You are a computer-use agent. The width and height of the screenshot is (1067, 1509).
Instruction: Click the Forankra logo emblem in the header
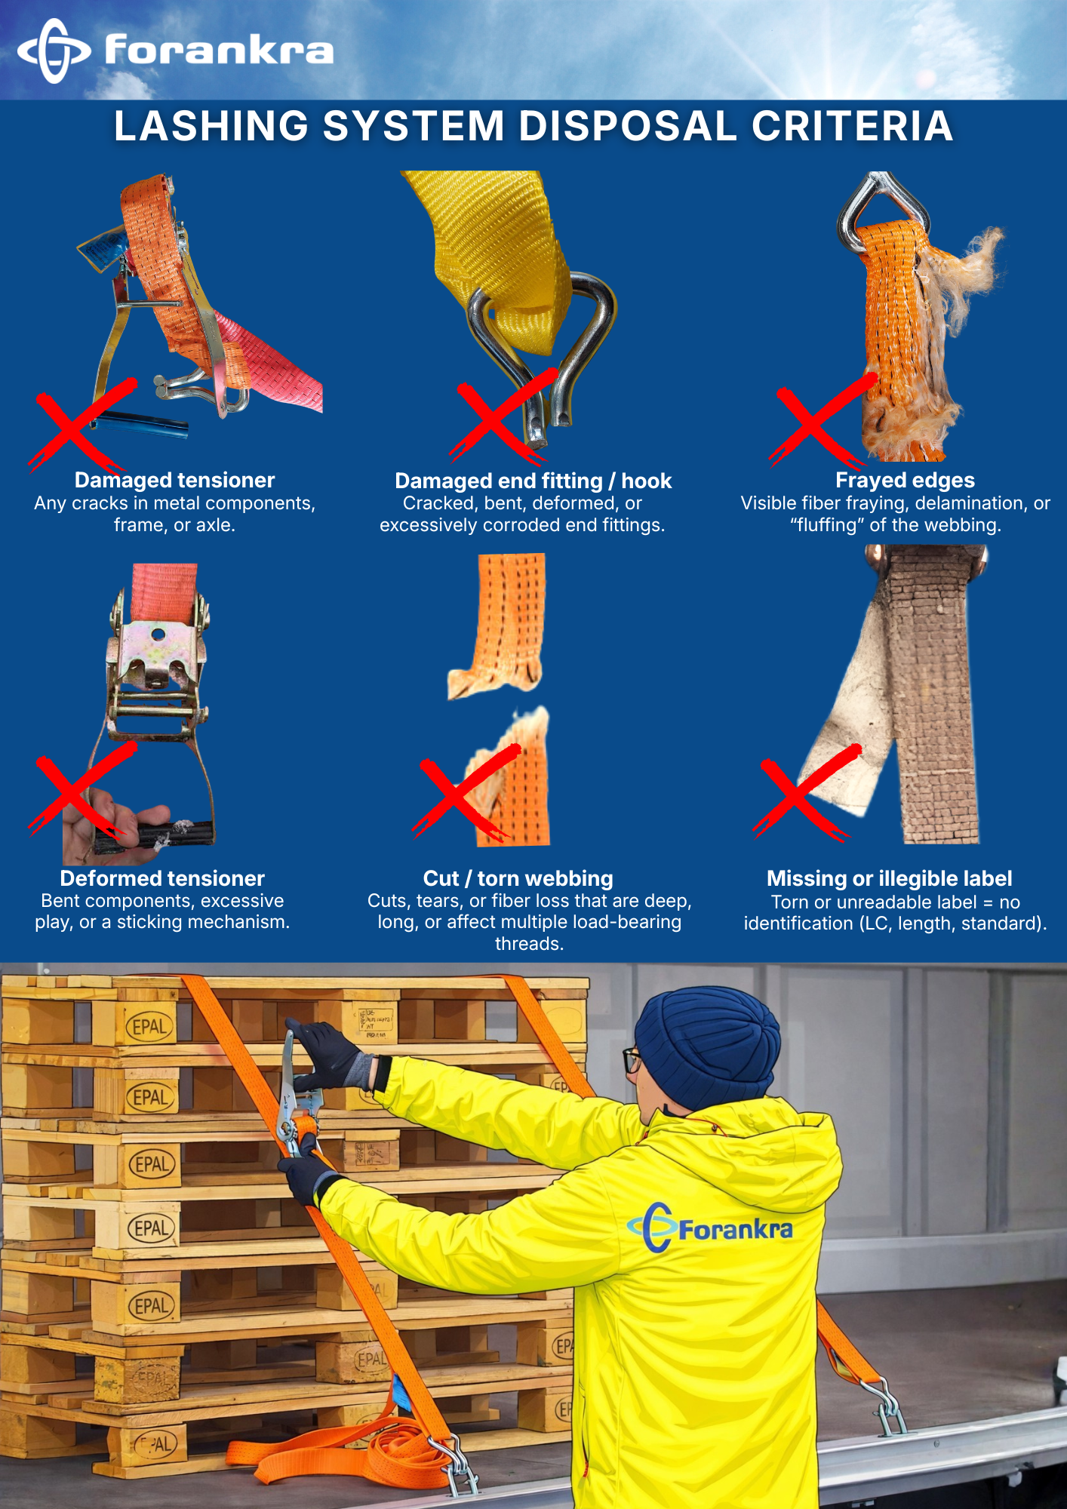[x=54, y=51]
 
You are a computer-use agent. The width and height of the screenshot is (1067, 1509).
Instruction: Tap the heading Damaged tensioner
[x=174, y=481]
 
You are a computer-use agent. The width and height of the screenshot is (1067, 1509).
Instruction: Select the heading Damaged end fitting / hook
[x=533, y=481]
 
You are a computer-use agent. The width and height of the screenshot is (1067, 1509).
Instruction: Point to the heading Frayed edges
[x=905, y=481]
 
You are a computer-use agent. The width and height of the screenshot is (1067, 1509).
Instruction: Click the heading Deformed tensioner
[x=162, y=878]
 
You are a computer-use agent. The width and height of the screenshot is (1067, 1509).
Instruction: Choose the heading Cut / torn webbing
[x=518, y=878]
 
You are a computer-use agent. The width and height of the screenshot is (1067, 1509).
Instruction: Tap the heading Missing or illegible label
[x=890, y=878]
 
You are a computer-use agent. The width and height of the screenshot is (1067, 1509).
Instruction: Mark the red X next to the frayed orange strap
[x=823, y=420]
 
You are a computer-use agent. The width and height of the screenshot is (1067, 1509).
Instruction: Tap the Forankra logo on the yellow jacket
[x=710, y=1228]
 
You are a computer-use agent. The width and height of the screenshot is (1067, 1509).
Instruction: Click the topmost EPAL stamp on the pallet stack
[x=149, y=1027]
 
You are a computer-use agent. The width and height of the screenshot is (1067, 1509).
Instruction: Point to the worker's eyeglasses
[x=632, y=1059]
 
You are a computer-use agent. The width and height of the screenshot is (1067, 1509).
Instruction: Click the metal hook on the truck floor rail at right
[x=887, y=1403]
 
